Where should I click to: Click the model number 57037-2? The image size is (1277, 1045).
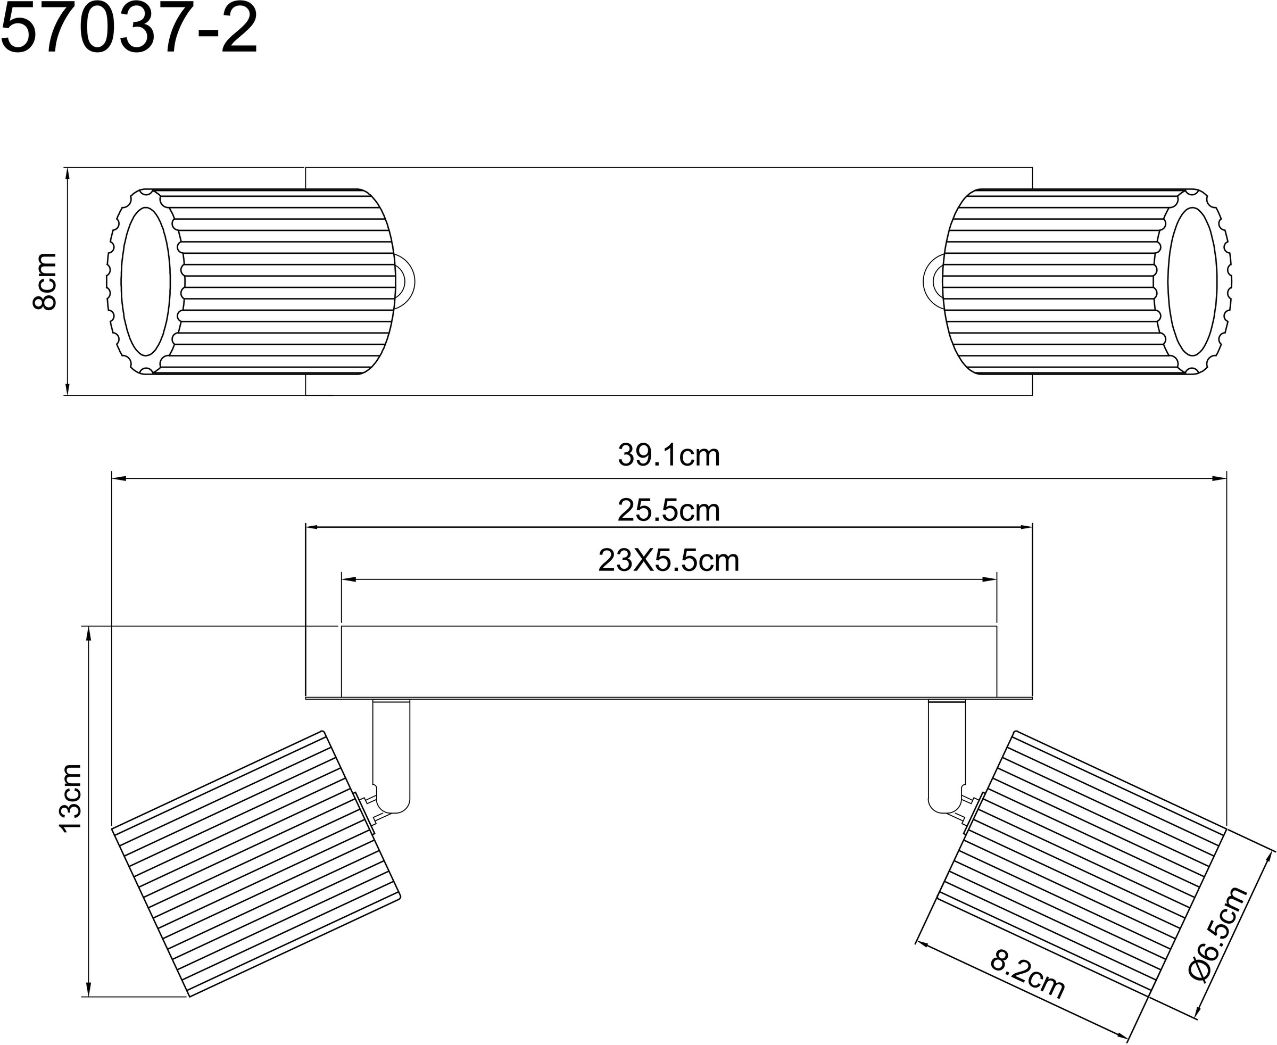point(129,29)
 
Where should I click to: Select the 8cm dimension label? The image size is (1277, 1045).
point(45,281)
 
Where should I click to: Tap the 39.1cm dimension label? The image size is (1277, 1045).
point(668,455)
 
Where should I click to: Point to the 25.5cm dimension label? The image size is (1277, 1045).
point(668,510)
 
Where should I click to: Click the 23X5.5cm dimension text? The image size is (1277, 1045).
point(668,561)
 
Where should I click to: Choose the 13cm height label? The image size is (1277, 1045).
point(71,798)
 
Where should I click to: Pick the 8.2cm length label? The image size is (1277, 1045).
point(1027,982)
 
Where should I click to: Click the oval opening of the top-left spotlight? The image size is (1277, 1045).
point(146,281)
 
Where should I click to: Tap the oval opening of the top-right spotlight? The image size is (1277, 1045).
point(1192,281)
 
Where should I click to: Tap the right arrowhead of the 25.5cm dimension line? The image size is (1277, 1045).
point(1026,527)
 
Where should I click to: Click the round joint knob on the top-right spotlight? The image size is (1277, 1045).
point(932,281)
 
